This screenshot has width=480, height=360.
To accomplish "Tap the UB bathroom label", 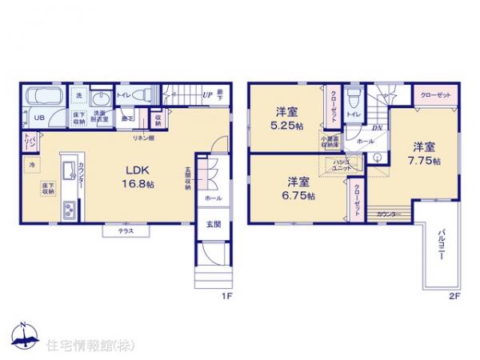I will (38, 117).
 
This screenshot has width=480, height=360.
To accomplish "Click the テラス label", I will (126, 231).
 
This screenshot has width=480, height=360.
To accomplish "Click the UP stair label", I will (206, 94).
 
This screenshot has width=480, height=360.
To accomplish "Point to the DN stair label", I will (375, 127).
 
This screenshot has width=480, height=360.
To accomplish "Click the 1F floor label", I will (226, 295).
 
